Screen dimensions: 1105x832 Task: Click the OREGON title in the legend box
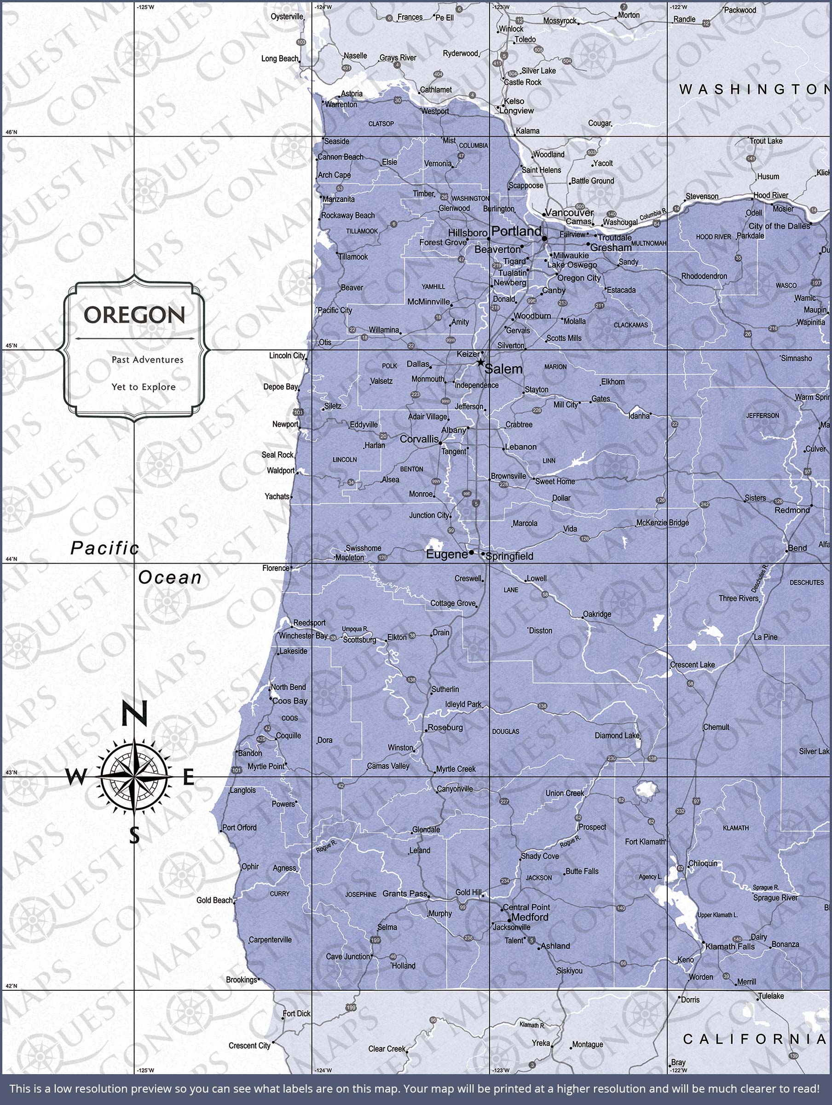coord(134,315)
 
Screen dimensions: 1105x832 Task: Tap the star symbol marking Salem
coord(480,362)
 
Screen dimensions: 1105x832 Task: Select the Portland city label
coord(516,231)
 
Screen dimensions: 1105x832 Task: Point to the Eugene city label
coord(446,554)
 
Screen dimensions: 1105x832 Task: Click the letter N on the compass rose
coord(134,713)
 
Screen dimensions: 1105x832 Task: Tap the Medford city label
coord(530,917)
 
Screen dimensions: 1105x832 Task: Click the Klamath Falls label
coord(730,947)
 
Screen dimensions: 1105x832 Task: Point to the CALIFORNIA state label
coord(754,1040)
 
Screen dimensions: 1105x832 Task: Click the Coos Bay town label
coord(289,701)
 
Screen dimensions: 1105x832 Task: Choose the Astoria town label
coord(352,94)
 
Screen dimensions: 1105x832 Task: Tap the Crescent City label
coord(249,1046)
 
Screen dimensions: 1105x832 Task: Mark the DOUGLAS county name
coord(505,731)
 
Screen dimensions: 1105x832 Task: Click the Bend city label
coord(797,548)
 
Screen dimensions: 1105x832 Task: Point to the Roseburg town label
coord(445,727)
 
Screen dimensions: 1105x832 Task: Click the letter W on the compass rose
coord(76,777)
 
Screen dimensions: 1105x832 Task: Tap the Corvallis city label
coord(419,439)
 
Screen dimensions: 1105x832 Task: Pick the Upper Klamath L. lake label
coord(717,915)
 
